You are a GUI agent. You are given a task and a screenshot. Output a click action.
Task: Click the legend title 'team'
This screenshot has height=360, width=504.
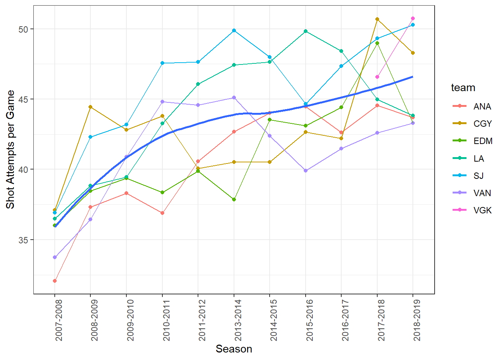coord(463,88)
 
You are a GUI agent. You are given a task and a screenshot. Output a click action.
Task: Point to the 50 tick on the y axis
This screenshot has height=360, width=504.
coord(23,29)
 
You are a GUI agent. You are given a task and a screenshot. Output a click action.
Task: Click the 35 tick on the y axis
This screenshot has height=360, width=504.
coord(23,240)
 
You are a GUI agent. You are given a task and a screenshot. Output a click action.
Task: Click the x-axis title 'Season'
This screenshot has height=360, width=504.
coord(234,349)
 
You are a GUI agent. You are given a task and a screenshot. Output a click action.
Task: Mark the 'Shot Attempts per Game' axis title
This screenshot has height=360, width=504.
coord(10,150)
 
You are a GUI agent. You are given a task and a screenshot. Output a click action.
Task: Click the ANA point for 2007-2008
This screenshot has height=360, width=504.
coord(55,281)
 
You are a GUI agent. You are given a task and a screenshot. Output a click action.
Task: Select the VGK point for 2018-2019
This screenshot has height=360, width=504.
coord(413,18)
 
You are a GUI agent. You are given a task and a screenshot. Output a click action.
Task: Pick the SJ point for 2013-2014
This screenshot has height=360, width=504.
coord(234,30)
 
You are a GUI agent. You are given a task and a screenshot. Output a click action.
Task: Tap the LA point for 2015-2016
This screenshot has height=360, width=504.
coord(306,31)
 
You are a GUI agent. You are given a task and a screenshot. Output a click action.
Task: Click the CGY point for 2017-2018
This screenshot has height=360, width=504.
coord(377,19)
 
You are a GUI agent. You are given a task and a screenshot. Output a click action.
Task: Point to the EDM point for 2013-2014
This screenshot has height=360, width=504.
coord(234,199)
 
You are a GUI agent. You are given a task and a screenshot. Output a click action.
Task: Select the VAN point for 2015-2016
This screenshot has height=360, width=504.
coord(306,171)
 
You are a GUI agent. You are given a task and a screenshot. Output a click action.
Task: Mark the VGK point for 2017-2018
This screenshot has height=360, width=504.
coord(377,77)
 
